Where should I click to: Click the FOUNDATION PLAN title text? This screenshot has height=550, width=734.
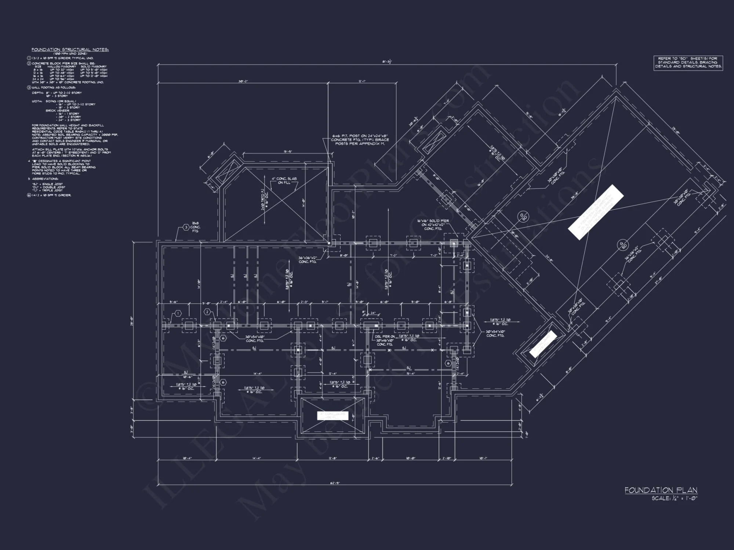[x=661, y=490]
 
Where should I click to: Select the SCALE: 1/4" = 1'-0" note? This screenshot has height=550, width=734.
[x=674, y=498]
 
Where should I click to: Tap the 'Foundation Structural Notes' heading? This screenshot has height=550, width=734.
[x=70, y=49]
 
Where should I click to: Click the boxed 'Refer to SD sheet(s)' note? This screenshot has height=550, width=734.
[x=688, y=63]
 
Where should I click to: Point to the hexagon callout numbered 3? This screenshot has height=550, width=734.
[x=186, y=227]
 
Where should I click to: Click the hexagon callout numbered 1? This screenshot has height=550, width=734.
[x=178, y=313]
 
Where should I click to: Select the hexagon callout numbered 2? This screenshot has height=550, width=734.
[x=207, y=312]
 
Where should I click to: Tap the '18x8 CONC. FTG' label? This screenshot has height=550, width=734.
[x=195, y=227]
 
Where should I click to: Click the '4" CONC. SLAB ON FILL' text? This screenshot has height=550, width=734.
[x=284, y=180]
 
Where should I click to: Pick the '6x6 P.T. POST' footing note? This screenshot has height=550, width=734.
[x=360, y=140]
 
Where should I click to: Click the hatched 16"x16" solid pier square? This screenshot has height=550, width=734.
[x=454, y=243]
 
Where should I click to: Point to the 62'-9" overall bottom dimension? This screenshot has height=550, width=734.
[x=335, y=483]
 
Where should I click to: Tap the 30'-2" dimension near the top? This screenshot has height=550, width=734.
[x=243, y=81]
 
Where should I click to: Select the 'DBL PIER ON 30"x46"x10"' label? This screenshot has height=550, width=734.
[x=385, y=340]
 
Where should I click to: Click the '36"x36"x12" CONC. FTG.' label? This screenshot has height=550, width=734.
[x=308, y=260]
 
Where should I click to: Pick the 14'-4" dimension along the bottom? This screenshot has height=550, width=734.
[x=257, y=458]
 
